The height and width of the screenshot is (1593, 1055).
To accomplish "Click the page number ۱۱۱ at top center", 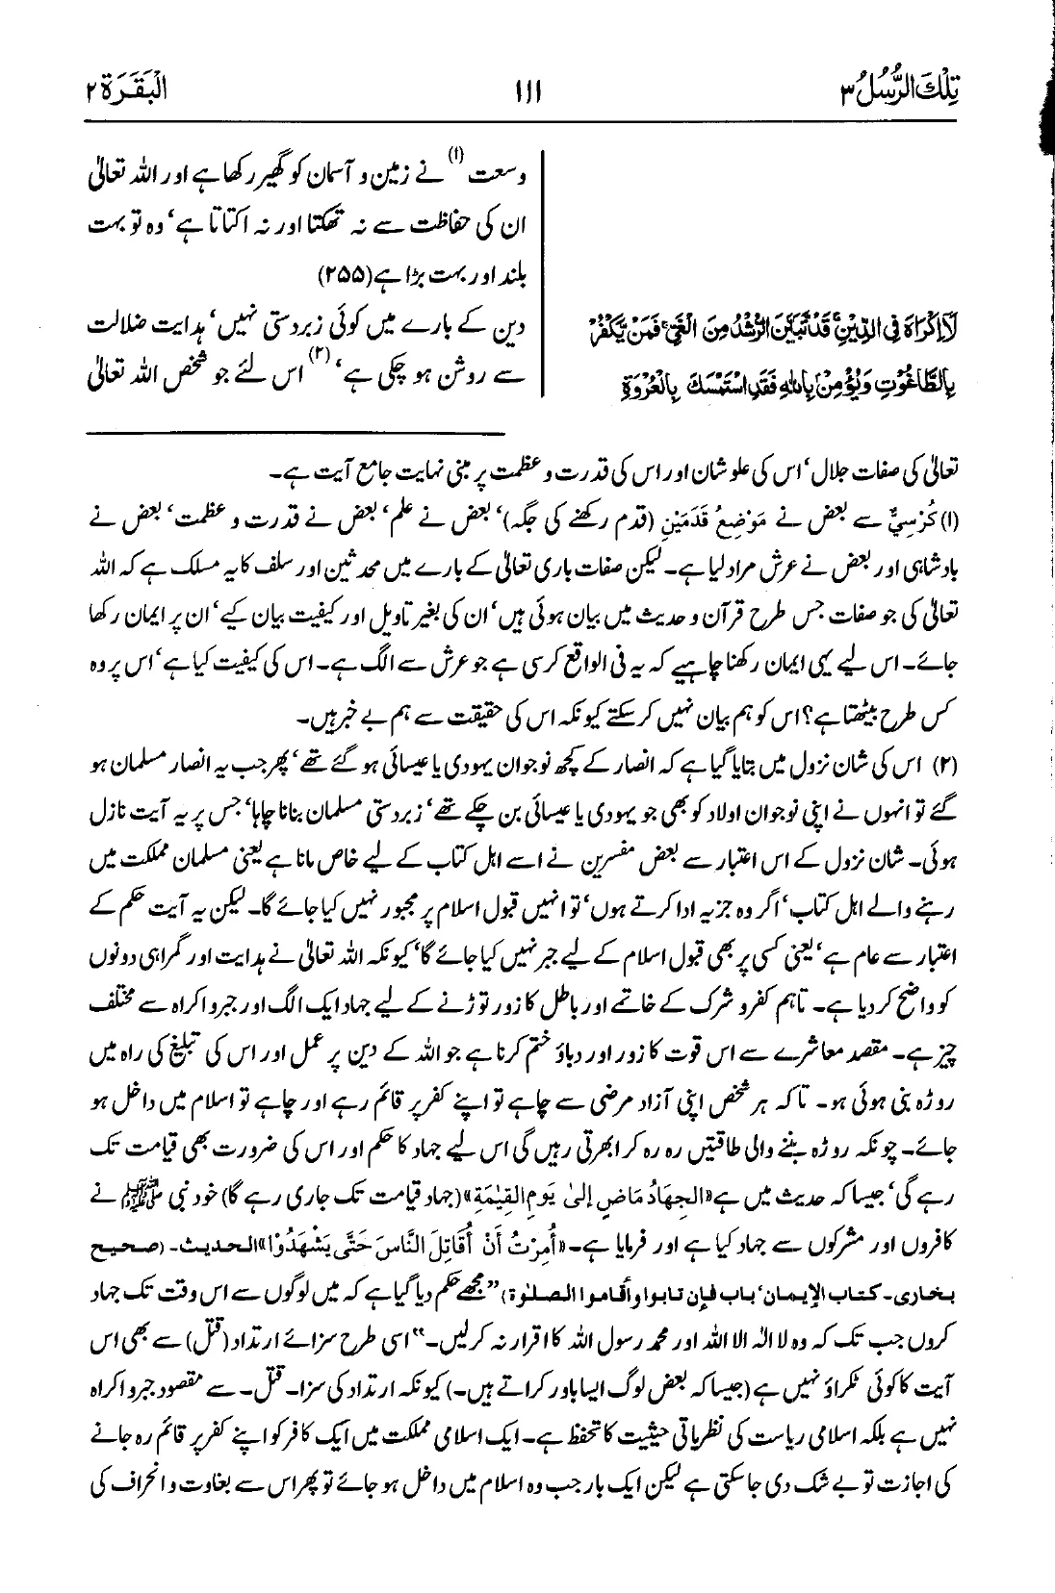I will (527, 94).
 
